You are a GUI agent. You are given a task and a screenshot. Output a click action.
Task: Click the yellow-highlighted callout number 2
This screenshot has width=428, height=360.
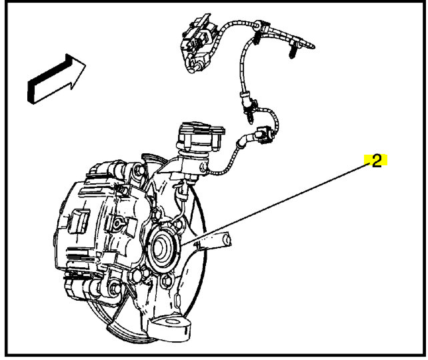click(376, 161)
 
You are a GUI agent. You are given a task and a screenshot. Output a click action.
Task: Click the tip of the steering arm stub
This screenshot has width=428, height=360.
click(225, 238)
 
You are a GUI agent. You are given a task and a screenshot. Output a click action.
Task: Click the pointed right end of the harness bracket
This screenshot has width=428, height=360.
click(314, 46)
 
